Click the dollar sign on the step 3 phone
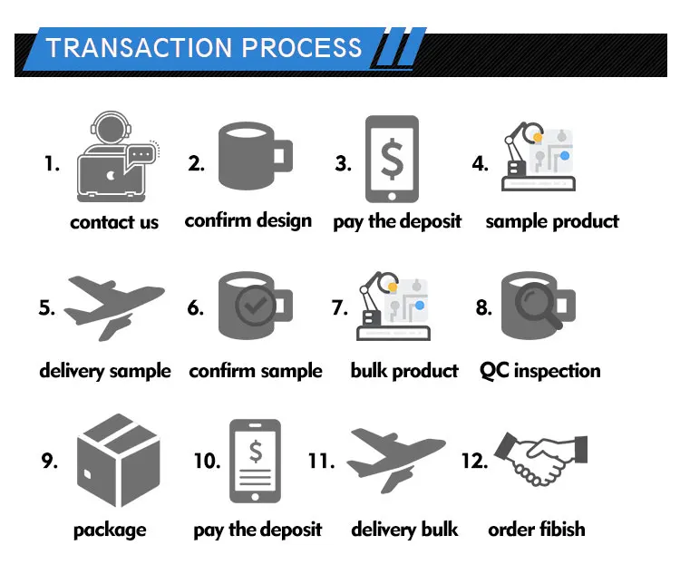click(x=392, y=157)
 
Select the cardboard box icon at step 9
click(x=116, y=459)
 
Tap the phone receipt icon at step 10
click(x=255, y=460)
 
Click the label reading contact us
click(x=114, y=222)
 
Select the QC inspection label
click(x=539, y=371)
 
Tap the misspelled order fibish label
click(x=537, y=530)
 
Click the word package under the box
click(x=110, y=530)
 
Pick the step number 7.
click(x=340, y=307)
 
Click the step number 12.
click(x=474, y=460)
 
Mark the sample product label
click(x=552, y=221)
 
